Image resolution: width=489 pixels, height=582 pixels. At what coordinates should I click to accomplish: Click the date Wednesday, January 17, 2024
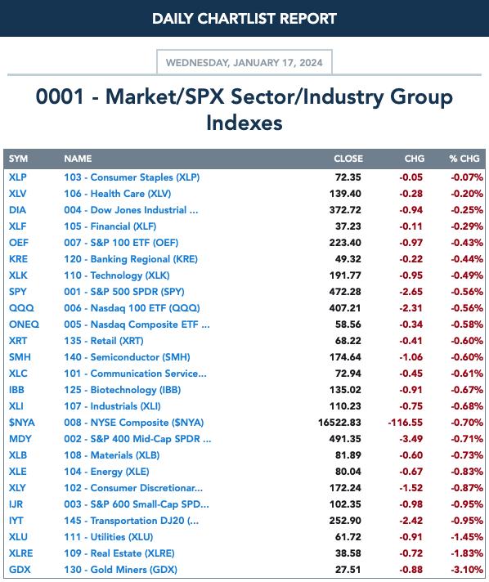coord(244,62)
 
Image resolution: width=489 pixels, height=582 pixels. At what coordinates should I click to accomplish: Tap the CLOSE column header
coord(348,159)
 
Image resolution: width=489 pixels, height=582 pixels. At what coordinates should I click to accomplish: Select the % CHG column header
coord(464,159)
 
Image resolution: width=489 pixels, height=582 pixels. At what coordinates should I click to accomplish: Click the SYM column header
coord(18,159)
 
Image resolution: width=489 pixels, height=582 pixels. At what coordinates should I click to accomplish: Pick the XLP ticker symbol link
coord(17,177)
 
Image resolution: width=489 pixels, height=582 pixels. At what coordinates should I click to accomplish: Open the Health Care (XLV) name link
coord(117,194)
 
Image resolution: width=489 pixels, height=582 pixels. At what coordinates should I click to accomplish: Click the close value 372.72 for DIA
coord(345,210)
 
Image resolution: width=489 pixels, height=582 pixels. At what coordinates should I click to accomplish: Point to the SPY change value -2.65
coord(410,291)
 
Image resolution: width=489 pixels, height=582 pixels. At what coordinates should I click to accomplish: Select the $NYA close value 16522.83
coord(339,423)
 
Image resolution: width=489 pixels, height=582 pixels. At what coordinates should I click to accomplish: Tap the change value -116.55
coord(405,423)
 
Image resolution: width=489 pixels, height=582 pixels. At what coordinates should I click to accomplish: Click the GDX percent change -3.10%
coord(467,570)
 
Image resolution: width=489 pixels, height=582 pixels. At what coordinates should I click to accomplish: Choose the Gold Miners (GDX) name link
coord(120,570)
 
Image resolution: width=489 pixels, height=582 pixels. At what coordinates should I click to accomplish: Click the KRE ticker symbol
coord(18,258)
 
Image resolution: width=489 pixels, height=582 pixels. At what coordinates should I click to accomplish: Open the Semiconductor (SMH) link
coord(127,357)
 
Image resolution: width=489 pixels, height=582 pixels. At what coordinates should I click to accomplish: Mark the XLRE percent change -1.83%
coord(467,553)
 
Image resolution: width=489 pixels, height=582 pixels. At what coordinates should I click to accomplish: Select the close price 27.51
coord(348,570)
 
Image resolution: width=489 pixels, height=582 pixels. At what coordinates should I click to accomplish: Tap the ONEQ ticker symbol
coord(24,324)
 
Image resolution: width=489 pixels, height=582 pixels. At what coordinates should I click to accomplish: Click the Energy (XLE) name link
coord(106,472)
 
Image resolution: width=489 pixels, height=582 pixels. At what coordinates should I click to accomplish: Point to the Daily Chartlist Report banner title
coord(244,19)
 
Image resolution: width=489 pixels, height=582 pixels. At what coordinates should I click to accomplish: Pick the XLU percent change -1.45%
coord(467,537)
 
